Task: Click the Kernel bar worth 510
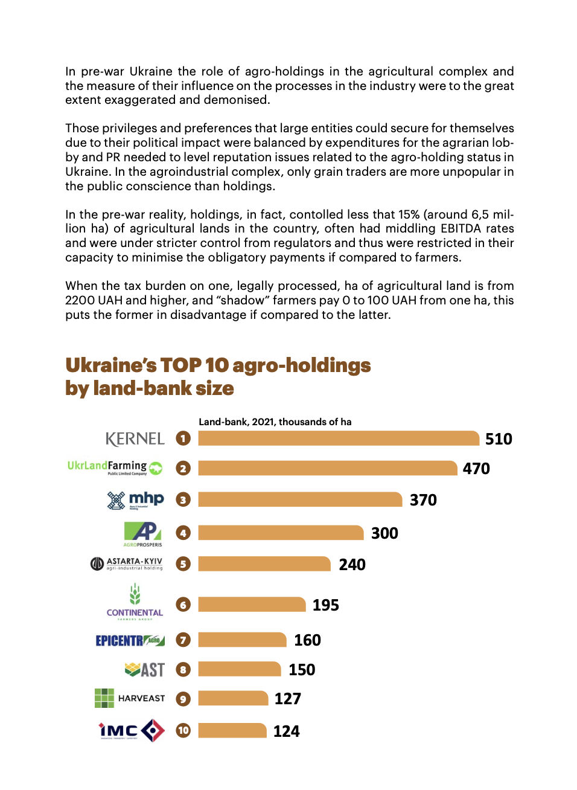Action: click(x=338, y=438)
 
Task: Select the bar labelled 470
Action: click(x=327, y=468)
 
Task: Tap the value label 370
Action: click(x=423, y=500)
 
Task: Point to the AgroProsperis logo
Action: click(x=143, y=534)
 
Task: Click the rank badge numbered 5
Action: click(x=183, y=564)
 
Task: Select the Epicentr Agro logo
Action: click(x=130, y=640)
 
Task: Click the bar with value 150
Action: click(x=239, y=669)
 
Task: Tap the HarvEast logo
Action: click(x=130, y=698)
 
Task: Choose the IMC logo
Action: click(x=132, y=731)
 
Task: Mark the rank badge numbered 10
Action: click(x=183, y=730)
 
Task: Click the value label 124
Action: click(x=286, y=731)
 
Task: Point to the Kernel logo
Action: click(x=135, y=439)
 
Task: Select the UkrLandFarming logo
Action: click(x=115, y=467)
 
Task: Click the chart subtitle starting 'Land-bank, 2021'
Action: click(x=275, y=422)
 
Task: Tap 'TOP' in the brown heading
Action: click(x=181, y=365)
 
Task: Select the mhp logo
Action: click(x=135, y=500)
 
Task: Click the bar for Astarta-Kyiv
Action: click(x=264, y=564)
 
